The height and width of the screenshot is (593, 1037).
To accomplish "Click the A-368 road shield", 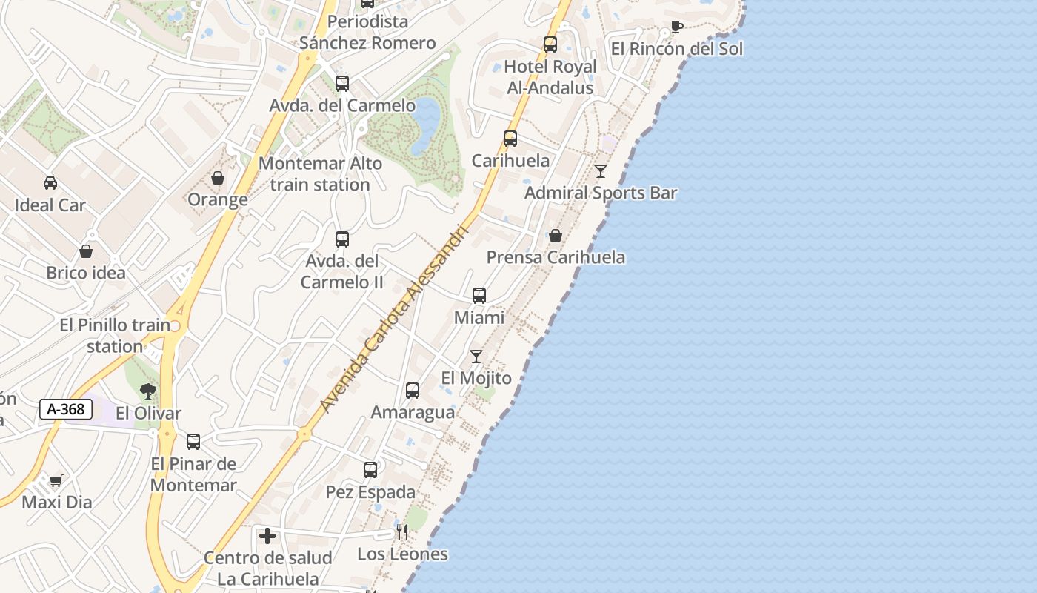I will (x=66, y=408).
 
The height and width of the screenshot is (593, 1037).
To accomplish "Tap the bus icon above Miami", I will (x=479, y=296).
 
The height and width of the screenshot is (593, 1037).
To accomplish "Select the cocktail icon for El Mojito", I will (x=476, y=357).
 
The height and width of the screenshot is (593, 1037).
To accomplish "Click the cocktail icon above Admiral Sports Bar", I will (x=601, y=171).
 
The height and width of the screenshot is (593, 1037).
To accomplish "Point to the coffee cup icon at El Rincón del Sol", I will (x=676, y=27).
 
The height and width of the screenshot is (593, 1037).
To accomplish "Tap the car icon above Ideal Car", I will (x=50, y=183).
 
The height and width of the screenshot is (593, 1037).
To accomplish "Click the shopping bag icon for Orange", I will (x=218, y=178).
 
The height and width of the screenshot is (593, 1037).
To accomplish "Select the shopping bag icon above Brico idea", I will (x=86, y=251).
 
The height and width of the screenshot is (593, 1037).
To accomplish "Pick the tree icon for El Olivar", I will (x=148, y=391).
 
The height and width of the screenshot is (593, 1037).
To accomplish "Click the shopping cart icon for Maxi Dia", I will (x=56, y=480).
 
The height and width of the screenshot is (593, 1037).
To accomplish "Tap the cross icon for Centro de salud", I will (x=267, y=535).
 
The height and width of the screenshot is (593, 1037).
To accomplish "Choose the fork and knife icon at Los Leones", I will (x=401, y=531).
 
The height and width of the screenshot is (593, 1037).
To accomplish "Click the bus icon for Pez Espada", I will (x=370, y=469).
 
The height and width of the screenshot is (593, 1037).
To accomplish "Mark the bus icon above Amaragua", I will (x=413, y=390).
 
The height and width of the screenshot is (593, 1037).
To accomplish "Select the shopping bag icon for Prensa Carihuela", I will (x=555, y=236).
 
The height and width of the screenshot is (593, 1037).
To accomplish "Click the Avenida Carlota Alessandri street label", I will (x=394, y=319).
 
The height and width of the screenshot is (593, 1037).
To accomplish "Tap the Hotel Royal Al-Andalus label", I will (x=550, y=77).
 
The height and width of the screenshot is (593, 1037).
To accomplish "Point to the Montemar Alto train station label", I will (x=320, y=174).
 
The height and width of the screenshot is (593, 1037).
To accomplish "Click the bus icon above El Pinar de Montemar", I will (x=193, y=442).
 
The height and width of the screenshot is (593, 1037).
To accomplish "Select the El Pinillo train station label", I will (x=115, y=336).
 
